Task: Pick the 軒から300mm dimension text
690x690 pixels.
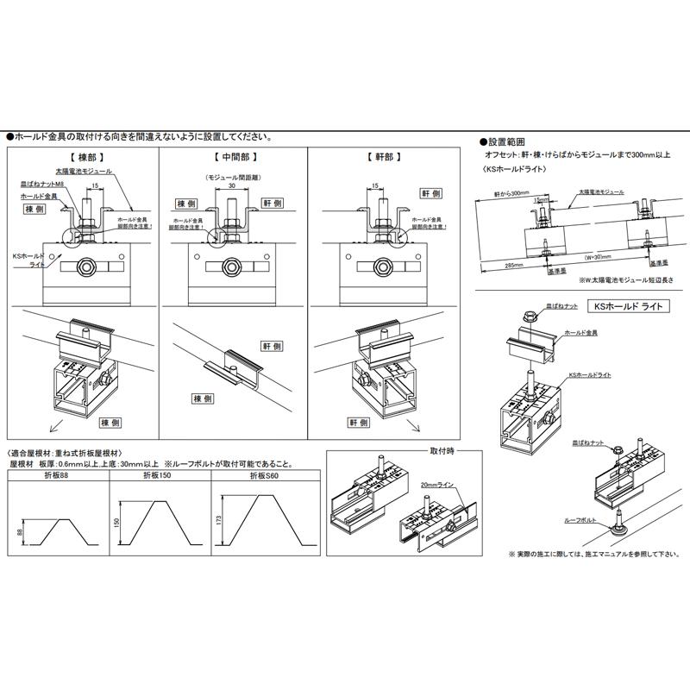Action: [x=510, y=193]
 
